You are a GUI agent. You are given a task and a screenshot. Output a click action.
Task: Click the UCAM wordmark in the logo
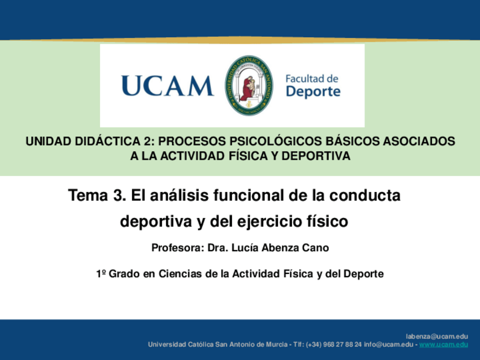pos(168,86)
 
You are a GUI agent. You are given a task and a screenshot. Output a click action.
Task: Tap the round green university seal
pos(248,85)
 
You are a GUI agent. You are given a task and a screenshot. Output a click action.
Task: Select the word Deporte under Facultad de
pos(313,92)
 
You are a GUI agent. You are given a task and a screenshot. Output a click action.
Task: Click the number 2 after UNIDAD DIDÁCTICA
pos(146,142)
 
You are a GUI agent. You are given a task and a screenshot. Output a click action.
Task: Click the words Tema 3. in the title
pos(97,195)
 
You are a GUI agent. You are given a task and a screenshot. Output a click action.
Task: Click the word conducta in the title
pos(365,195)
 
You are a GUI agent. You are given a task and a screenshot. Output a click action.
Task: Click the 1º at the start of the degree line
pos(101,273)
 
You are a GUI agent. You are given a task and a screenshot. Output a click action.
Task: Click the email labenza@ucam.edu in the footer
pos(437,336)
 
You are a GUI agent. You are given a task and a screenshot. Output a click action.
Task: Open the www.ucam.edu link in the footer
pos(444,344)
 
